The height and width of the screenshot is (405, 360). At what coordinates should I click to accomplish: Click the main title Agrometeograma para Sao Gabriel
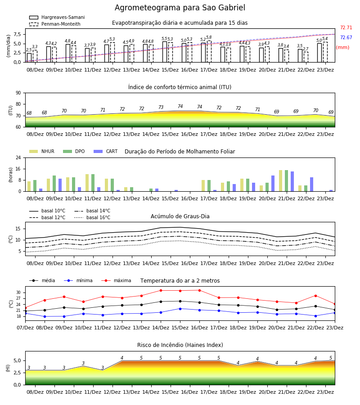[180, 8]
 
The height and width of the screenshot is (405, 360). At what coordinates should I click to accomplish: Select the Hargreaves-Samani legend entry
[57, 17]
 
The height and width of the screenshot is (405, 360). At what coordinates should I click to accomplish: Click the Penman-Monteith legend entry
[55, 24]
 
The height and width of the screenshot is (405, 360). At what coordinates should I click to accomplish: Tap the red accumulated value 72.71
[346, 27]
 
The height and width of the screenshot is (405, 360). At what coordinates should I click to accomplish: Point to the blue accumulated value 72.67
[346, 37]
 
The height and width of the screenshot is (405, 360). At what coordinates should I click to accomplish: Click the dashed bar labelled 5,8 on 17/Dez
[209, 51]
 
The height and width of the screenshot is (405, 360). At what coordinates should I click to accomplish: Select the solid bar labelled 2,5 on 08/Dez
[29, 58]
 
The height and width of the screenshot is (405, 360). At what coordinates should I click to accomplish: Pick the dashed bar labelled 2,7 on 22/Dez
[306, 57]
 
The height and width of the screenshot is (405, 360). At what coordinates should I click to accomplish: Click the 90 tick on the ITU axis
[18, 93]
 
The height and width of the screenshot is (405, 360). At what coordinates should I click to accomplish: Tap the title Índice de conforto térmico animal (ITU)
[180, 87]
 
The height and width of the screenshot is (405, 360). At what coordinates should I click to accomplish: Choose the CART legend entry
[106, 151]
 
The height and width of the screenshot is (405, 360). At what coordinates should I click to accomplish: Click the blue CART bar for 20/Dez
[273, 184]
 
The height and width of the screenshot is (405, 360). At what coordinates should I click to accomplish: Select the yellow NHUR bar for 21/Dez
[280, 181]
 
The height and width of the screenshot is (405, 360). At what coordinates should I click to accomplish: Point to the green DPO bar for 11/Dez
[93, 183]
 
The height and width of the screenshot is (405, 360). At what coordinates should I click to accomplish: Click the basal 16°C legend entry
[92, 217]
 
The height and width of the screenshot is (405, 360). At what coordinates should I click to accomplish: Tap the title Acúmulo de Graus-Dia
[180, 216]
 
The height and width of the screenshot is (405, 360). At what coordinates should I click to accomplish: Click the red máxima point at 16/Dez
[199, 290]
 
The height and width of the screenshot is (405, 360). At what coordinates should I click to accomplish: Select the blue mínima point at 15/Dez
[180, 309]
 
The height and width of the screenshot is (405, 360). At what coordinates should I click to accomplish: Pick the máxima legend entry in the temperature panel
[116, 280]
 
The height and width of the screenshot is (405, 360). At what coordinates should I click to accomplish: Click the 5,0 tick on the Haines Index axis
[17, 361]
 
